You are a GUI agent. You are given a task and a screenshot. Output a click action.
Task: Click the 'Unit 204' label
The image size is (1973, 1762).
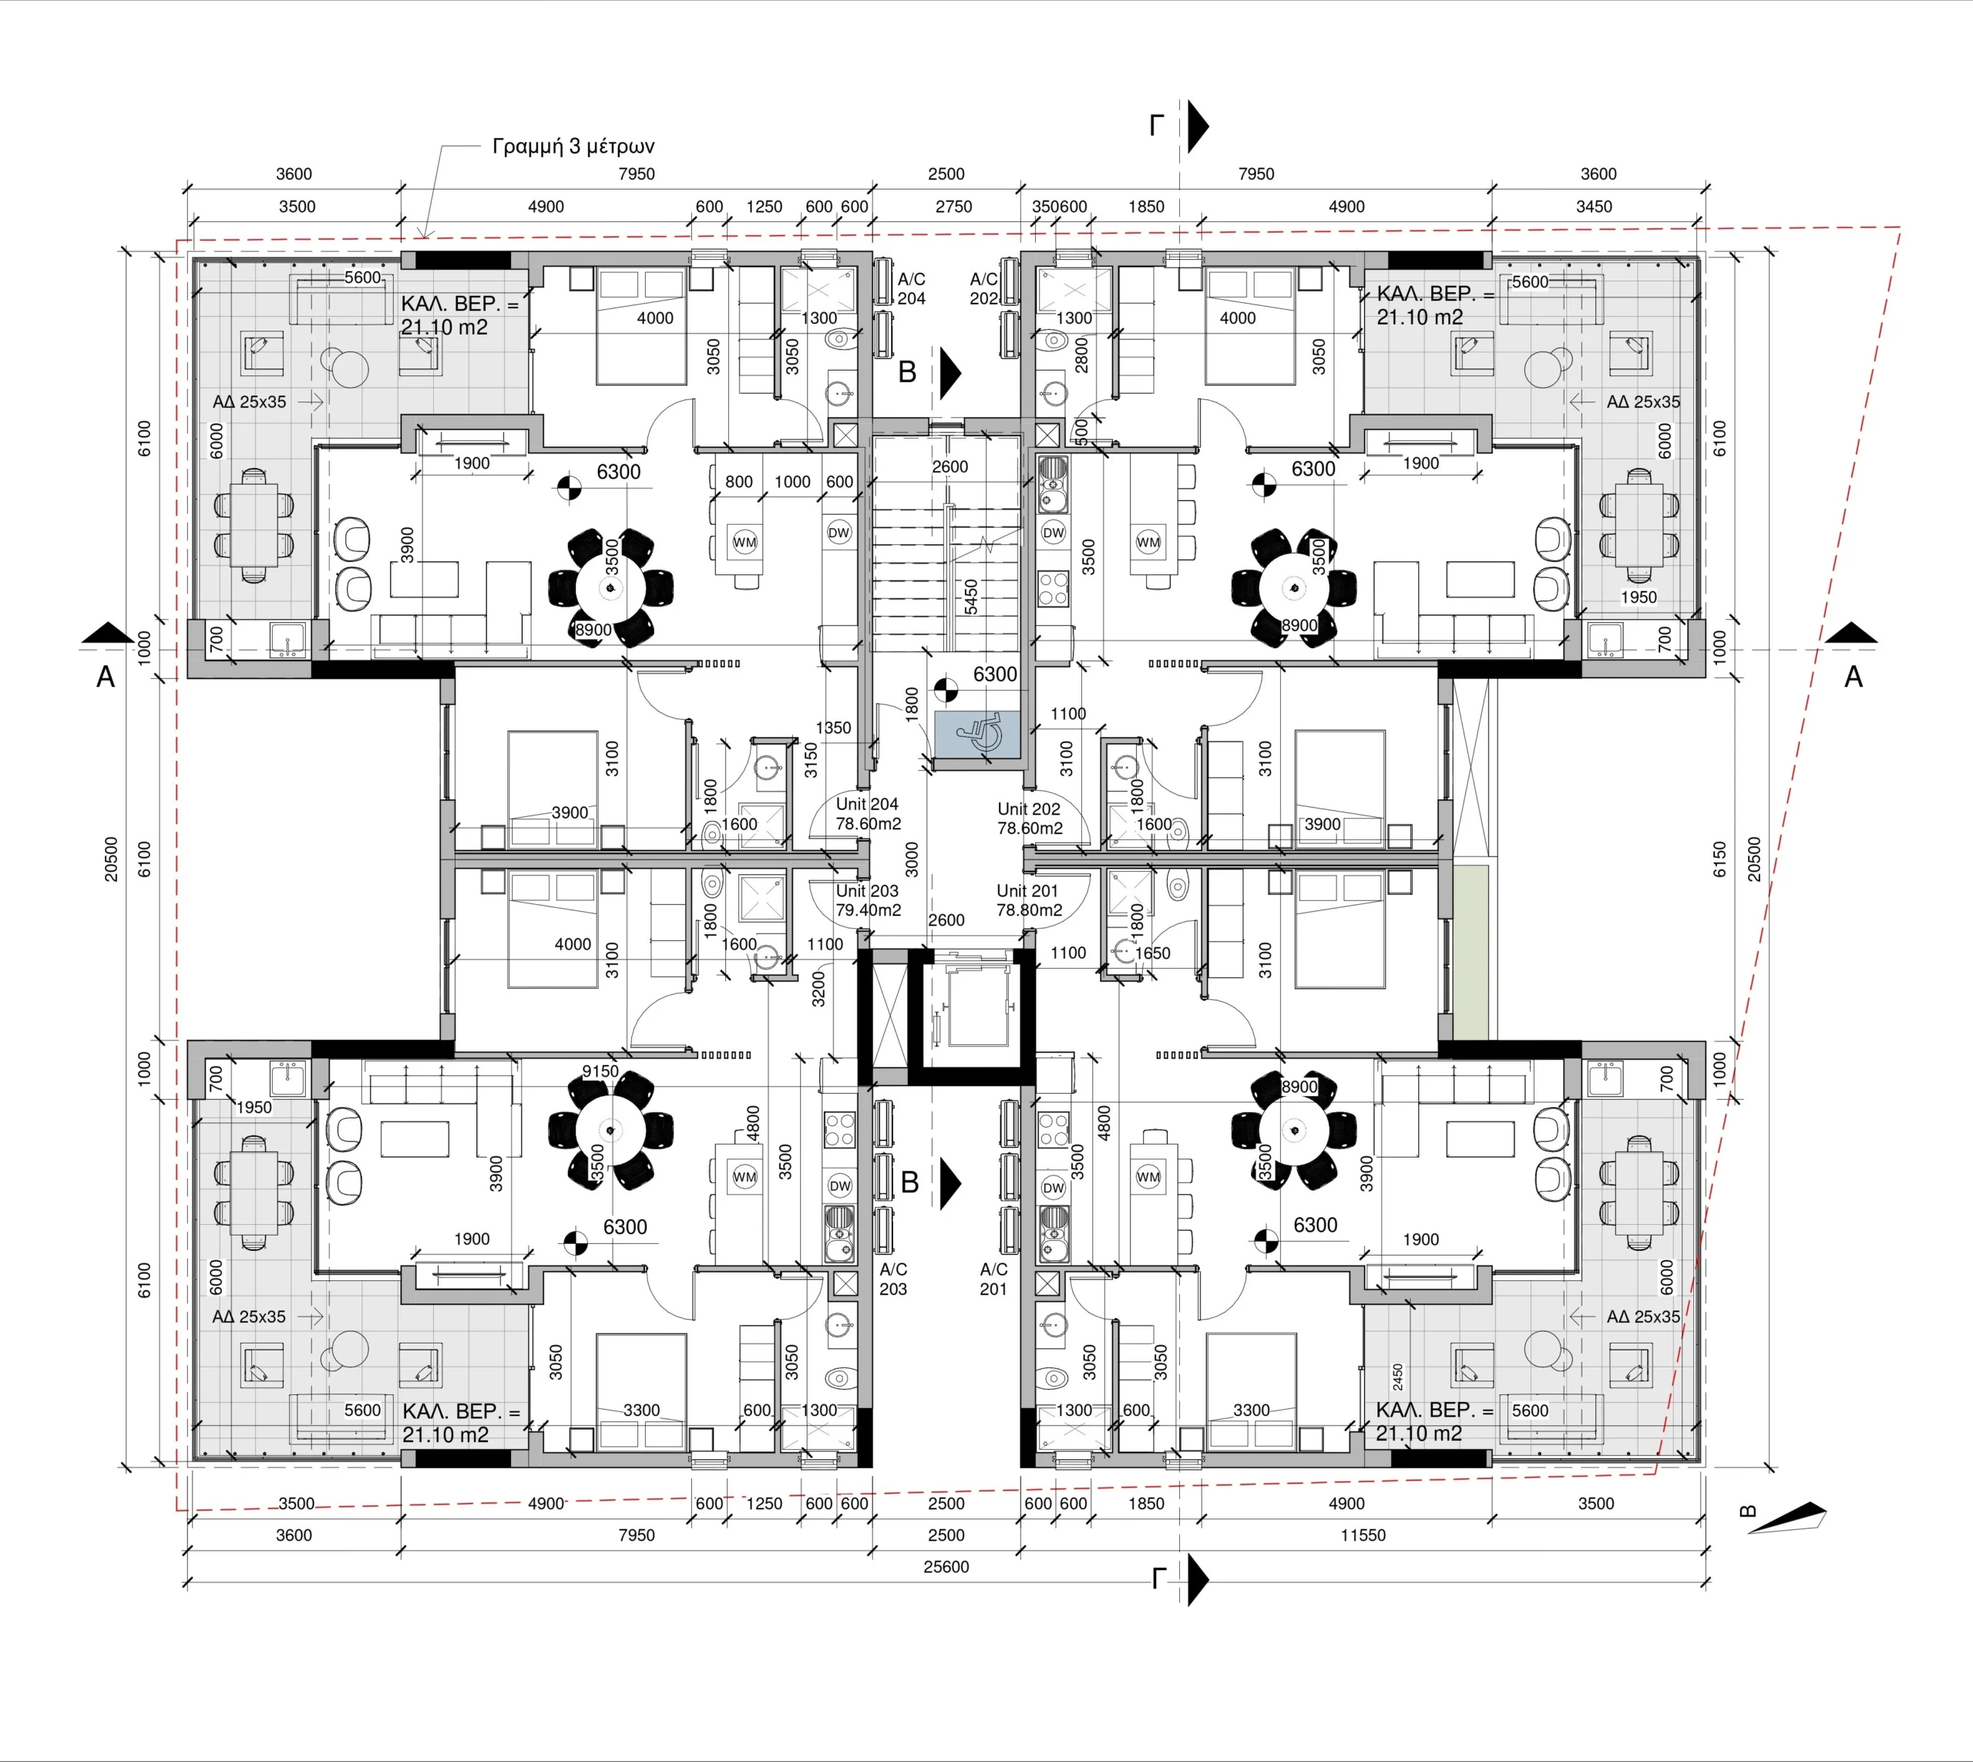tap(866, 805)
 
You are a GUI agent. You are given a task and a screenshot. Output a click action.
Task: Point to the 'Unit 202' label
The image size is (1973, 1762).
tap(1029, 809)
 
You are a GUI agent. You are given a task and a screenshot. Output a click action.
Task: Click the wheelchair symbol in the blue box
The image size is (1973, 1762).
tap(978, 735)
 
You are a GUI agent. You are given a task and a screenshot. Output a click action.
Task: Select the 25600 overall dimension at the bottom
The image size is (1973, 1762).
tap(946, 1566)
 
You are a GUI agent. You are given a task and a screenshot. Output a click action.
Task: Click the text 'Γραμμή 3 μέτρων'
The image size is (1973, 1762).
tap(573, 146)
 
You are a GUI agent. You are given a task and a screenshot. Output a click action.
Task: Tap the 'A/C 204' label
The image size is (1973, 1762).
tap(911, 288)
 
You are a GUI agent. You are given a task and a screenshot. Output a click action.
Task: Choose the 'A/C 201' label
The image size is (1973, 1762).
tap(993, 1279)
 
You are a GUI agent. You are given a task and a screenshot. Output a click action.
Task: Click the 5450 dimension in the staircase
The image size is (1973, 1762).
tap(971, 597)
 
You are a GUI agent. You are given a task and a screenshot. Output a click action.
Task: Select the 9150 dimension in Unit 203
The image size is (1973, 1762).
tap(600, 1071)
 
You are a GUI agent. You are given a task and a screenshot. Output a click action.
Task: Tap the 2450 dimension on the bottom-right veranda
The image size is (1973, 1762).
tap(1397, 1377)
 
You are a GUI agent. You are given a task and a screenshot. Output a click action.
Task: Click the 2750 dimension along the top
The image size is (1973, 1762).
tap(953, 207)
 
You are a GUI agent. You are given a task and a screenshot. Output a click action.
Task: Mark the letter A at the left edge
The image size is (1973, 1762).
tap(106, 677)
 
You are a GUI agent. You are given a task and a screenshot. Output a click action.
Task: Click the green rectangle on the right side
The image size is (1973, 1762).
tap(1471, 953)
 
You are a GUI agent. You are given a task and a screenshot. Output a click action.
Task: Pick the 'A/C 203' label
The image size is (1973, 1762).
tap(892, 1279)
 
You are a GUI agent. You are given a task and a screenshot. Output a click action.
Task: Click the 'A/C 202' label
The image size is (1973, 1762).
tap(983, 288)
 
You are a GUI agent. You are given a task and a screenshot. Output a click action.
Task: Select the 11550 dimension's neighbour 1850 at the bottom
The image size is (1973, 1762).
tap(1146, 1504)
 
